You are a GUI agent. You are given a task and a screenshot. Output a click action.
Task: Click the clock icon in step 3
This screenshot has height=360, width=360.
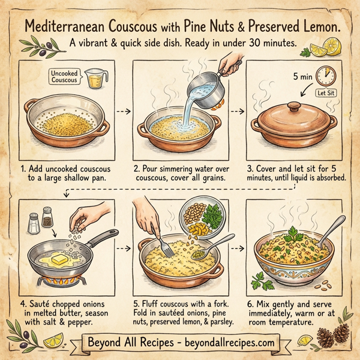(325, 76)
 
